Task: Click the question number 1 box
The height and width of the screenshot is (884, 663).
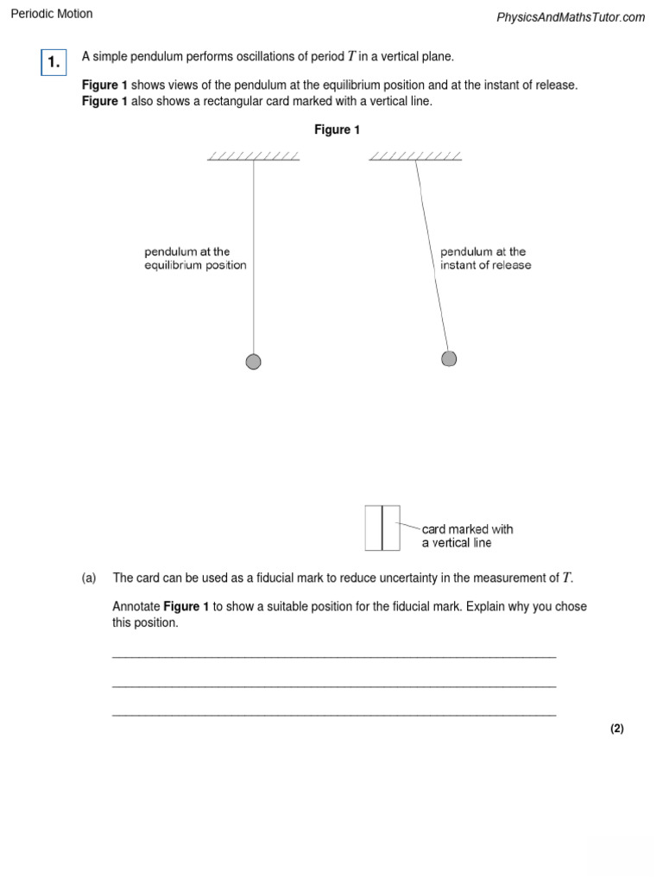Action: pyautogui.click(x=54, y=62)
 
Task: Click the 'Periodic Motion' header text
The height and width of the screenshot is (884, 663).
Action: pyautogui.click(x=52, y=14)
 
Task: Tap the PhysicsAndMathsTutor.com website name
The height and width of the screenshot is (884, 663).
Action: pyautogui.click(x=571, y=17)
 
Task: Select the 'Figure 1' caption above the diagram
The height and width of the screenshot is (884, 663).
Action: pyautogui.click(x=337, y=130)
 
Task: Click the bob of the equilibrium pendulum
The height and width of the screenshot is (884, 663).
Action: pyautogui.click(x=253, y=362)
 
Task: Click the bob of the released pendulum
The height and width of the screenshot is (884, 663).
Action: pyautogui.click(x=449, y=358)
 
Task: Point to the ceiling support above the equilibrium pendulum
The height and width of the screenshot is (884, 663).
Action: pyautogui.click(x=253, y=157)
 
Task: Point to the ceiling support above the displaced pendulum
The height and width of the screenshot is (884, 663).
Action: pyautogui.click(x=415, y=157)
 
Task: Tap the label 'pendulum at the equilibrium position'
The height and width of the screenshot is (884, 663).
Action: pyautogui.click(x=195, y=258)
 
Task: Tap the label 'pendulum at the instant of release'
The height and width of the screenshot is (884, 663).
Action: pyautogui.click(x=485, y=258)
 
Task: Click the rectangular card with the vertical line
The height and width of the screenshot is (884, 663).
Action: pyautogui.click(x=382, y=527)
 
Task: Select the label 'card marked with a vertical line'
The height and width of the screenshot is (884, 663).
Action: pyautogui.click(x=467, y=535)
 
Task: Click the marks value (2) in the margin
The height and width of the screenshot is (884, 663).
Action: pyautogui.click(x=616, y=729)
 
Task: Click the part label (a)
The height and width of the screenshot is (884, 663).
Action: pyautogui.click(x=89, y=578)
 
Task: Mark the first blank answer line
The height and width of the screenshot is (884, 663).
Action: pyautogui.click(x=334, y=658)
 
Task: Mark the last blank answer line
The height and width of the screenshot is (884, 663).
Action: pyautogui.click(x=334, y=715)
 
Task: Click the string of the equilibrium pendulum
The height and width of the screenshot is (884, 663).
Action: pyautogui.click(x=253, y=259)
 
